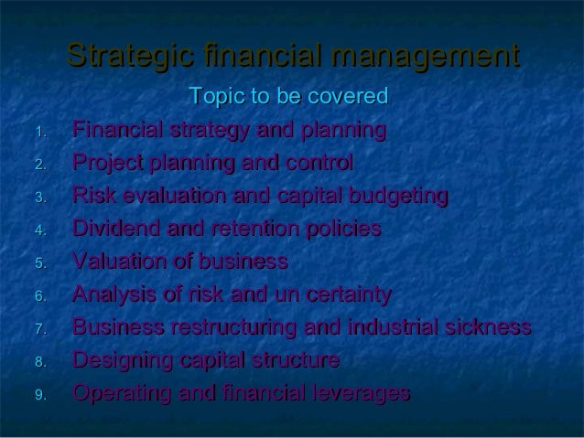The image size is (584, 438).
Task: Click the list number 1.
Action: click(x=39, y=133)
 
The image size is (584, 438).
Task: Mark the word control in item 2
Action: click(x=320, y=164)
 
